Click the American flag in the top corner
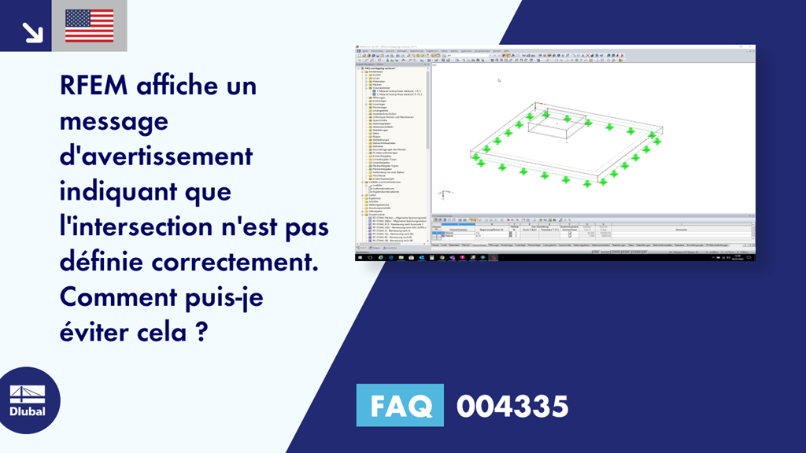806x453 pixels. click(x=89, y=26)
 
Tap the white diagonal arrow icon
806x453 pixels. click(x=32, y=31)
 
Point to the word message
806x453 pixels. click(x=113, y=122)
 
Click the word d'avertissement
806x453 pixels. click(x=156, y=156)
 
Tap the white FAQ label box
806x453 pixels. click(x=400, y=406)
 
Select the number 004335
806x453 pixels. click(x=512, y=407)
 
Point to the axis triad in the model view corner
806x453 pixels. click(x=443, y=192)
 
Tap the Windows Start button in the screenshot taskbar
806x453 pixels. click(x=359, y=257)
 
